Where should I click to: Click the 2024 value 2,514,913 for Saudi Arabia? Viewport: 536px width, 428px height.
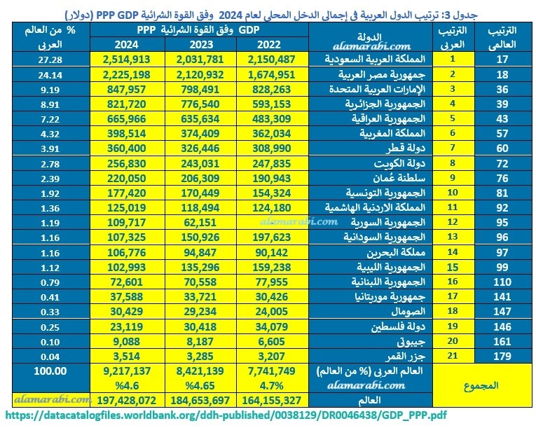click(x=127, y=59)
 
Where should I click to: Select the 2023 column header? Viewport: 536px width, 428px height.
click(x=201, y=44)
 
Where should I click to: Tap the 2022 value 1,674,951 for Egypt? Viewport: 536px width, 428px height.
click(x=271, y=74)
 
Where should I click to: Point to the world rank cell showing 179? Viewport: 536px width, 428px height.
click(x=502, y=357)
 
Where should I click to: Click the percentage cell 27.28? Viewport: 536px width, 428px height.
click(x=50, y=60)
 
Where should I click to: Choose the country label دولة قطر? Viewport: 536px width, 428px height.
click(x=406, y=148)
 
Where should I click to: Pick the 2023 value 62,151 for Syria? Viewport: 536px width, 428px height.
click(x=200, y=223)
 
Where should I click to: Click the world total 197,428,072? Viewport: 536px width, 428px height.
click(x=127, y=400)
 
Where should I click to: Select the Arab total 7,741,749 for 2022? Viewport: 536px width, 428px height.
click(x=271, y=371)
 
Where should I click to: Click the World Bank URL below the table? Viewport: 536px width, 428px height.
click(x=226, y=415)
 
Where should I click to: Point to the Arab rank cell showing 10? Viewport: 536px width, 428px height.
click(x=453, y=193)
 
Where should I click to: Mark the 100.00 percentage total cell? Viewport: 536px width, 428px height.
click(x=50, y=371)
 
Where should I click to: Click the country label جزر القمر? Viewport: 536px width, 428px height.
click(x=406, y=357)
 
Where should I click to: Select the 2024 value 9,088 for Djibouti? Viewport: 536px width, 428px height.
click(x=127, y=342)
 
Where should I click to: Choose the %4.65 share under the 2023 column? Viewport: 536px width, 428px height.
click(x=200, y=385)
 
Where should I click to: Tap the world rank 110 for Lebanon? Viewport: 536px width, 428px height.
click(x=502, y=282)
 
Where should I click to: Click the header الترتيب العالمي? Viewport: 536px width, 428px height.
click(x=502, y=37)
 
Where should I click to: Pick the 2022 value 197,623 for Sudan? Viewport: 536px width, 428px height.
click(x=271, y=237)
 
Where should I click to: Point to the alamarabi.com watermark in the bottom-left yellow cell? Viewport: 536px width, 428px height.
click(x=52, y=399)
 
